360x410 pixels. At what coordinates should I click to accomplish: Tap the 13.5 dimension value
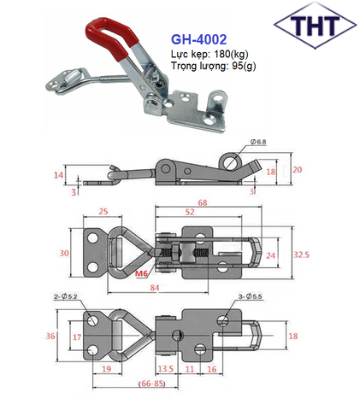(167, 370)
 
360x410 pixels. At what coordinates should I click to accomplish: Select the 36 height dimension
(50, 337)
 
